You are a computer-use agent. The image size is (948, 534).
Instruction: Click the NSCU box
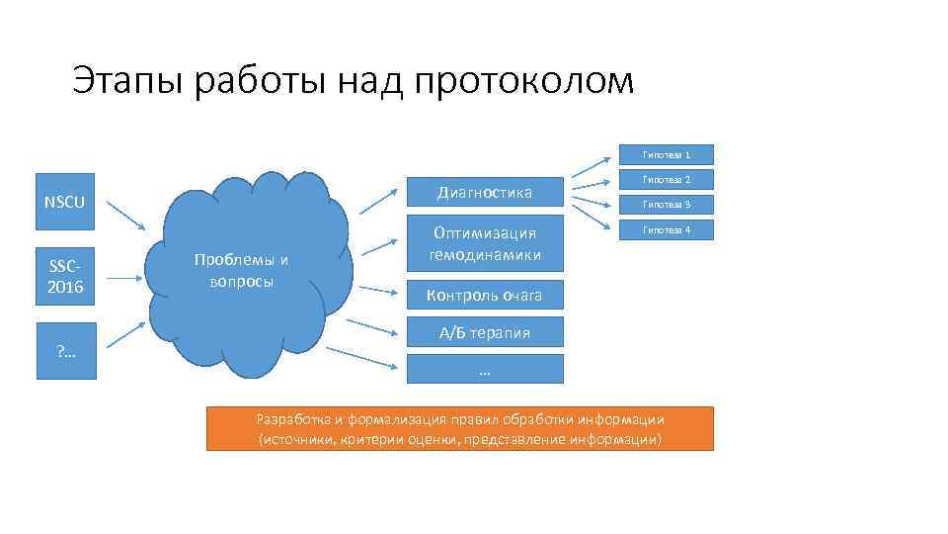coord(65,203)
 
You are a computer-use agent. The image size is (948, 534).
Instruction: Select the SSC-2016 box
coord(65,276)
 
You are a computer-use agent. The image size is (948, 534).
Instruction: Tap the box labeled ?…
coord(65,351)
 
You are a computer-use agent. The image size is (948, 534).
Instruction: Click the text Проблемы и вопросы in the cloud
coord(241,270)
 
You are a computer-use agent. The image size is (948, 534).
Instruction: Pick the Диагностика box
coord(484,192)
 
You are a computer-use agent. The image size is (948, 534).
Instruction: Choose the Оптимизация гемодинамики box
coord(484,244)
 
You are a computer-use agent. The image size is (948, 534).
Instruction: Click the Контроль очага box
coord(484,295)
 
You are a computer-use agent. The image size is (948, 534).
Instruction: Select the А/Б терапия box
coord(484,332)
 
